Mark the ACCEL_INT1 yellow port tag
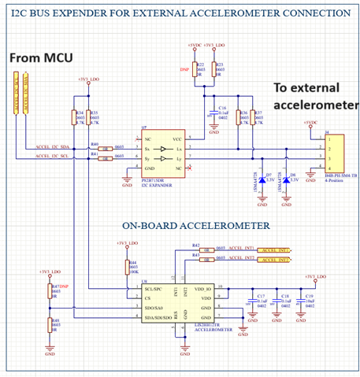pyautogui.click(x=273, y=249)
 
